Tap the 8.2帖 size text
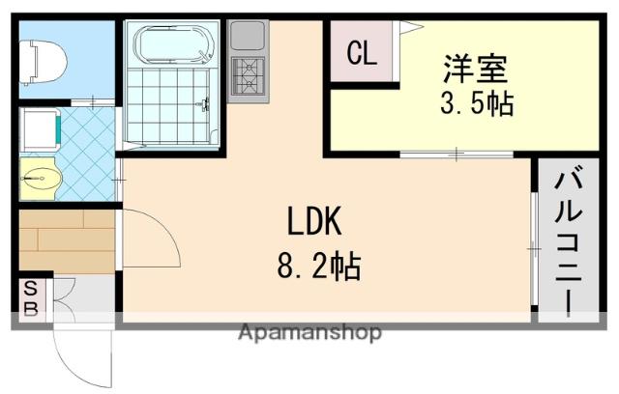[318, 265]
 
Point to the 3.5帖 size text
[476, 102]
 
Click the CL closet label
[362, 54]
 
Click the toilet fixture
[43, 61]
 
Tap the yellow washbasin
[40, 178]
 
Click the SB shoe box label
[30, 298]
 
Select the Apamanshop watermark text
[309, 333]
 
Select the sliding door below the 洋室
[456, 154]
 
